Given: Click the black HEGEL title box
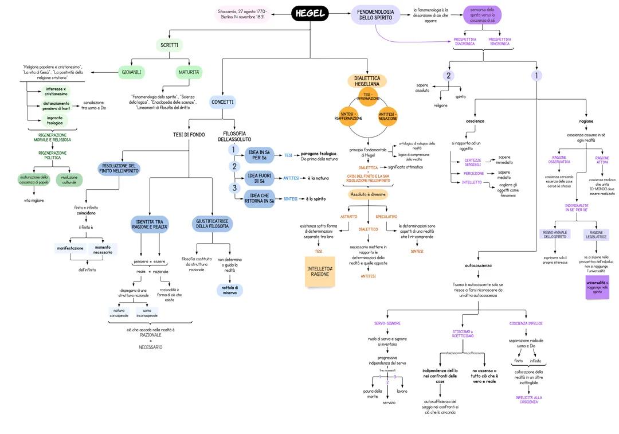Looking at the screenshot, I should point(310,14).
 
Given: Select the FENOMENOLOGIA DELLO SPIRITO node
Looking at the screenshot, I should point(375,15).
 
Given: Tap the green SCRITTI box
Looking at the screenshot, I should point(169,45).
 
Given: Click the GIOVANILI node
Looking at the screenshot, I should point(131,72).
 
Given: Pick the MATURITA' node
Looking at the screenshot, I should point(189,72).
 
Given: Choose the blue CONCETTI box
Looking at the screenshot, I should point(222,102).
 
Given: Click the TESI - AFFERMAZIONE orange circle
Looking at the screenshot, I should point(369,96).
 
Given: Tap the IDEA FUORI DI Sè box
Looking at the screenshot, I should point(260,178).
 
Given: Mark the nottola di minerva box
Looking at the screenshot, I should point(229,290).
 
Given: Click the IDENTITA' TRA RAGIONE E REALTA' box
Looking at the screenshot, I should point(150,224).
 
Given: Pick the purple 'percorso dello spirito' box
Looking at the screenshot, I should point(482,15).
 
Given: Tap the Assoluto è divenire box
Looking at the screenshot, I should point(368,194).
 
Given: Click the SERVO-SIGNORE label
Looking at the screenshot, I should point(387,323).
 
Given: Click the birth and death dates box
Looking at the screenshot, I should point(243,14).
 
